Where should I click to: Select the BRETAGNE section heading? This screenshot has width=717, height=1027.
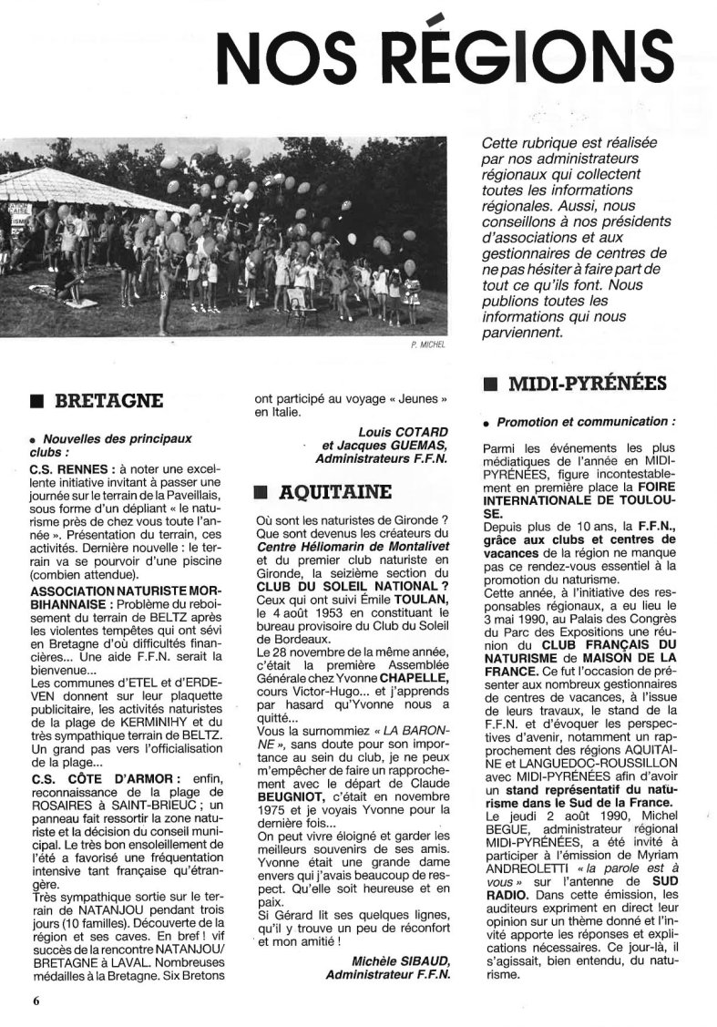[x=109, y=401]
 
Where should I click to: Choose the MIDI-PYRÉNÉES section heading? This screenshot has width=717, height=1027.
[x=588, y=385]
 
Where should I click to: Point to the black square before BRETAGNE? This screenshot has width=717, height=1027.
[x=36, y=402]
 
